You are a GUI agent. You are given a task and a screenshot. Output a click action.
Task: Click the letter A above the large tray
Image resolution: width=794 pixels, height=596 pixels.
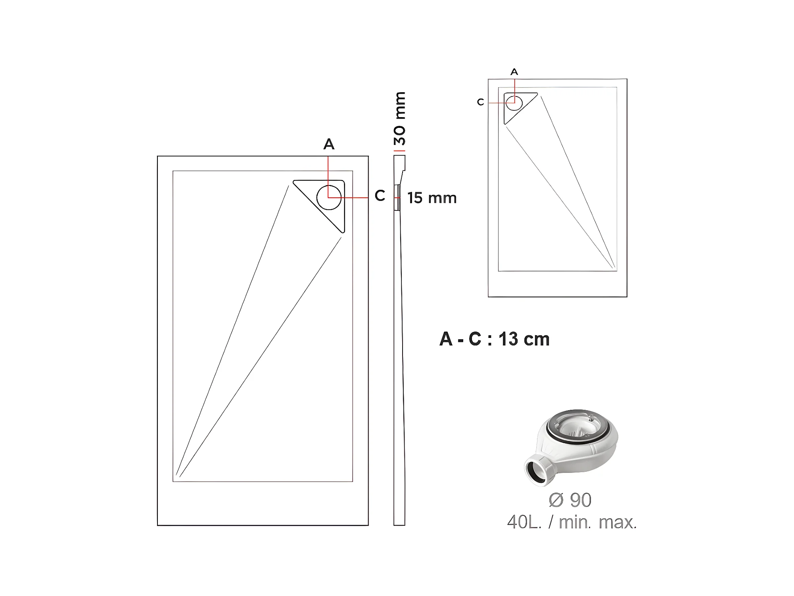[329, 144]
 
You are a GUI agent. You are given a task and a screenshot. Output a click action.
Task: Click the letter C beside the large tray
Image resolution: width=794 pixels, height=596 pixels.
[380, 196]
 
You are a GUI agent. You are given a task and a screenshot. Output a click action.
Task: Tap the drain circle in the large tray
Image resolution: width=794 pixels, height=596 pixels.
[329, 197]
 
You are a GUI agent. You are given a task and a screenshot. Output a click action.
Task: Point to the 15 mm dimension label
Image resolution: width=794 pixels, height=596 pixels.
[432, 198]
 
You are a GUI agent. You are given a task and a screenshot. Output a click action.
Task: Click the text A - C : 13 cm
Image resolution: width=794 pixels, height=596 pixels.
[495, 339]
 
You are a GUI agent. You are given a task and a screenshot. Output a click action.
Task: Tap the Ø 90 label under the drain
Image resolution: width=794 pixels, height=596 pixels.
[570, 500]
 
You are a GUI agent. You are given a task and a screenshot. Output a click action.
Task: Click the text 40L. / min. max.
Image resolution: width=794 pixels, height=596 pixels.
[572, 522]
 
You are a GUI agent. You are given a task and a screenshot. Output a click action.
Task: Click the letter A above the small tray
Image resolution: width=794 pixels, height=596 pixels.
[514, 72]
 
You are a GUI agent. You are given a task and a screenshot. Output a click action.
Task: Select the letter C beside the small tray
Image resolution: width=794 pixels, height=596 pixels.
[481, 102]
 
